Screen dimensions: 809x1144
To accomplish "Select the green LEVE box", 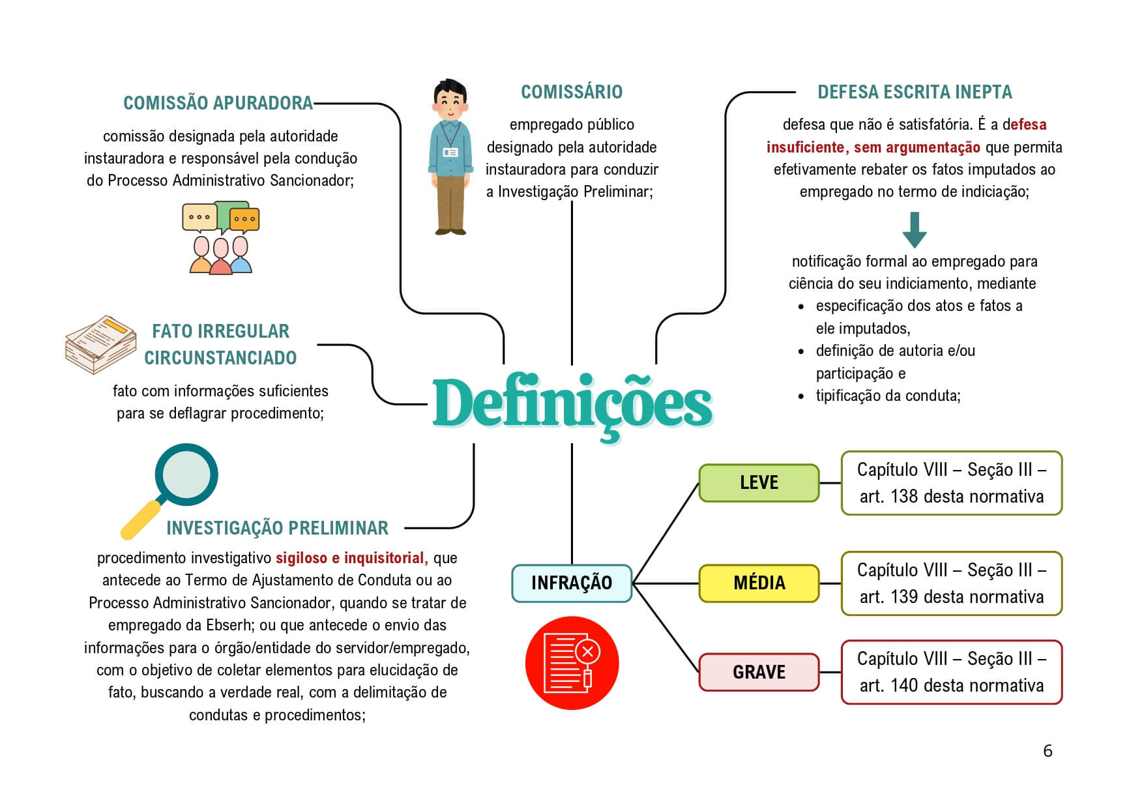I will (x=759, y=483).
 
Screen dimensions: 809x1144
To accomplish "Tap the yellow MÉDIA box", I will (x=759, y=583).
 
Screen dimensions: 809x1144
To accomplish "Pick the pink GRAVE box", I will (x=759, y=672).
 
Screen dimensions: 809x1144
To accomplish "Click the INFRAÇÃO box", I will (x=572, y=583).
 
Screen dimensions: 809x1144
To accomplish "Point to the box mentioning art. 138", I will (x=951, y=483).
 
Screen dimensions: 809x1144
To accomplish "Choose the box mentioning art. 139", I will (x=951, y=583).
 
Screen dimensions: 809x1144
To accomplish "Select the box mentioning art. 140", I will (x=951, y=672).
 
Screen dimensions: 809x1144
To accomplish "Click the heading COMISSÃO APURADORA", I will (x=218, y=103).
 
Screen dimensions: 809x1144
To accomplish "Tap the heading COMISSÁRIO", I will (x=572, y=92).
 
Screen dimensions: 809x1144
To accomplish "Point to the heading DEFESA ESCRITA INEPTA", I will (x=915, y=92).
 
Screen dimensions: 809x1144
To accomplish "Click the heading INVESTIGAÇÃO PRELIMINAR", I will (x=277, y=528).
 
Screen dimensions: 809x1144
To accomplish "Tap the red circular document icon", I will (x=572, y=663).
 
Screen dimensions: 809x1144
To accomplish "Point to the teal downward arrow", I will (x=915, y=229).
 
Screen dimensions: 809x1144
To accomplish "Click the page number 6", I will (x=1048, y=751).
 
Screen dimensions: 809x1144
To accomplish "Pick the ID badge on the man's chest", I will (x=450, y=152).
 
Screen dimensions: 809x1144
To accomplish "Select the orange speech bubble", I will (x=245, y=218).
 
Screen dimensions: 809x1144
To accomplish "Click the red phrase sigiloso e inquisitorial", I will (x=351, y=558).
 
